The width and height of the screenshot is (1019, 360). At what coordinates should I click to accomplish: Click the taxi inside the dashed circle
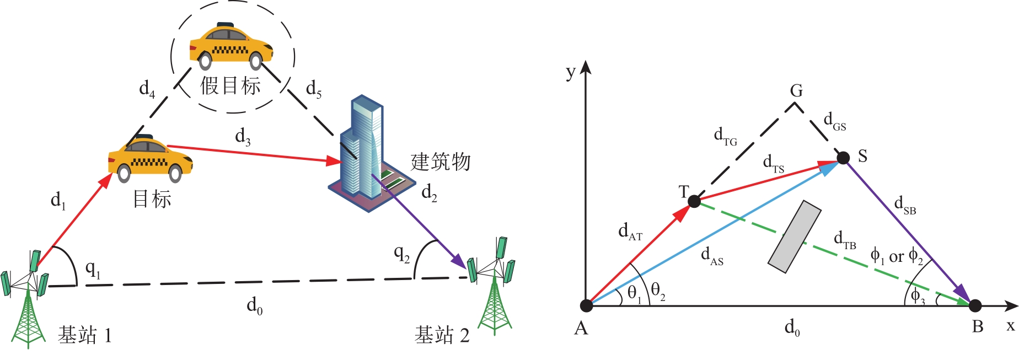pos(231,47)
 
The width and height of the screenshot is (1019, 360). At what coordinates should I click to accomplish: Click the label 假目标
pos(230,86)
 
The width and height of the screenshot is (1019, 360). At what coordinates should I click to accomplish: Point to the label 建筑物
pos(441,162)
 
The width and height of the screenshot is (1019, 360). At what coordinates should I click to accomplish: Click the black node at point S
pos(843,158)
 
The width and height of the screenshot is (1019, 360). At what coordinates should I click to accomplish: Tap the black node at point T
pos(695,202)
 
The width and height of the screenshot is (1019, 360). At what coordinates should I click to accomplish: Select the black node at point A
pos(587,305)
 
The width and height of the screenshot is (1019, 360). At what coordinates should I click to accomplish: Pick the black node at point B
pos(975,305)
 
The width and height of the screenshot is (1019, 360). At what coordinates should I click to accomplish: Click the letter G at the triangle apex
pos(796,91)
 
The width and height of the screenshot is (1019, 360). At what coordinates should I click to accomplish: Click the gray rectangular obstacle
pos(795,237)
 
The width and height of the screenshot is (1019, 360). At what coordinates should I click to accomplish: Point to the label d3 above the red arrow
pos(243,136)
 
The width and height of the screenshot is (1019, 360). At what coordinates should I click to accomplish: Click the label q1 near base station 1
pos(93,269)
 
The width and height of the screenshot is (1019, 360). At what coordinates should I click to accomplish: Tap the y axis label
pos(571,72)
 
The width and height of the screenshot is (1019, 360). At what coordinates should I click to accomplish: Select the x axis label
pos(1010,326)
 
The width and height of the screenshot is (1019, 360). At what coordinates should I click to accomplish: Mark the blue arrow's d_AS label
pos(712,256)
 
